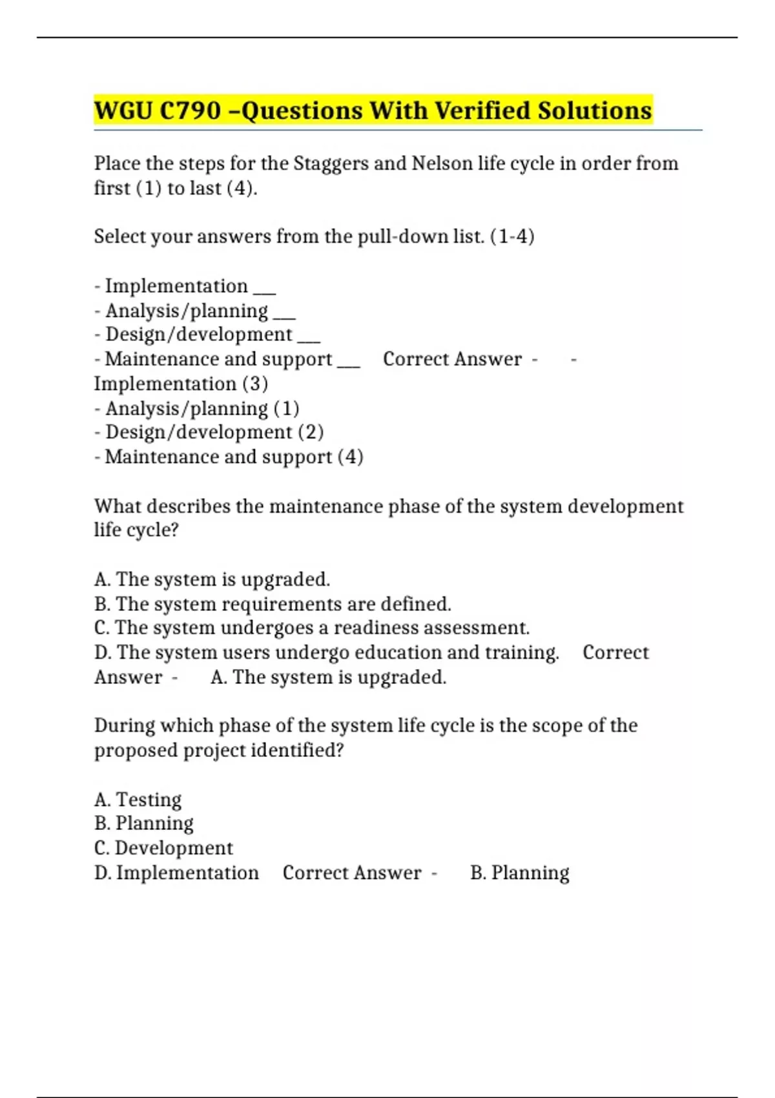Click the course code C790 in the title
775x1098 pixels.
pyautogui.click(x=190, y=110)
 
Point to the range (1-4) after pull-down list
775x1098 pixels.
pyautogui.click(x=513, y=236)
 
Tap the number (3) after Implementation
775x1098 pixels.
pyautogui.click(x=255, y=384)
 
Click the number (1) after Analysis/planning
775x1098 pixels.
pyautogui.click(x=287, y=408)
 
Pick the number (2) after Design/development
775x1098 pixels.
pyautogui.click(x=311, y=432)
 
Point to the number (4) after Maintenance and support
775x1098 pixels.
pyautogui.click(x=350, y=457)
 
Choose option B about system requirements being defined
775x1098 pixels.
pyautogui.click(x=273, y=604)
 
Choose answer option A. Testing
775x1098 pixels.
pyautogui.click(x=138, y=800)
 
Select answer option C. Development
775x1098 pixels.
pyautogui.click(x=163, y=848)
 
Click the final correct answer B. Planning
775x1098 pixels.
pyautogui.click(x=520, y=873)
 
